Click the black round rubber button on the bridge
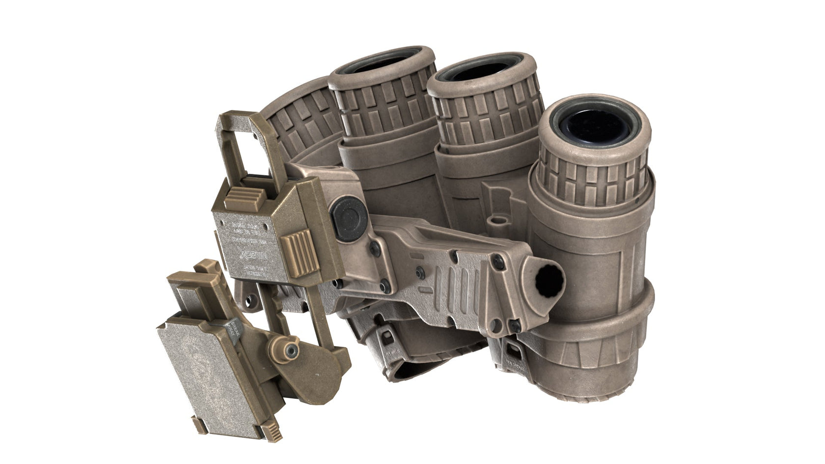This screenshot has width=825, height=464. [347, 213]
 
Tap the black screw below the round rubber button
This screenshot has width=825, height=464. [374, 244]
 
